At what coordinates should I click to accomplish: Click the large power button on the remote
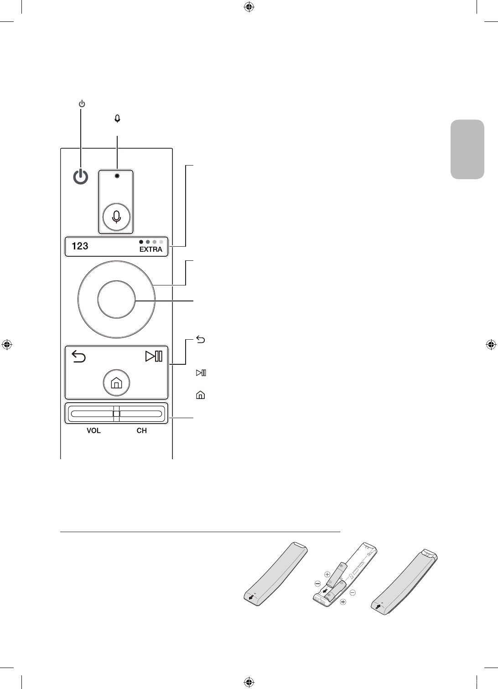80,177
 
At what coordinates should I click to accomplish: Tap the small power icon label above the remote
81,104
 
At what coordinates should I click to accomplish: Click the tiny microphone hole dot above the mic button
117,176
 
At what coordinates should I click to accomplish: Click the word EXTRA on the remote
150,249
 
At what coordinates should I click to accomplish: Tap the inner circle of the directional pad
116,300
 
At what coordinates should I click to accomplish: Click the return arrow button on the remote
79,356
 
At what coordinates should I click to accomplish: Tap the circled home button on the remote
116,383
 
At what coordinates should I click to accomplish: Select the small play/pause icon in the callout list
201,373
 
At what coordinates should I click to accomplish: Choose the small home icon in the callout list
200,395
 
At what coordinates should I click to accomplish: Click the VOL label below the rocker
93,430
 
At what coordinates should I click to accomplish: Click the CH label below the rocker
142,430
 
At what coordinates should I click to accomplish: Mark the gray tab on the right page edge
467,149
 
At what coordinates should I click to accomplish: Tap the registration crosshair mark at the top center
249,7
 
